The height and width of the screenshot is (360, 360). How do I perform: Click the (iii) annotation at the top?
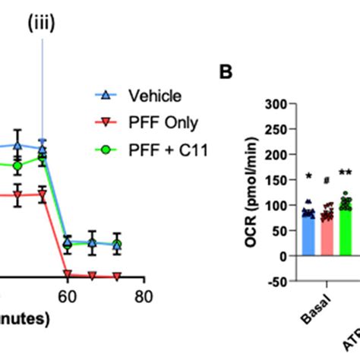click(42, 24)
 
